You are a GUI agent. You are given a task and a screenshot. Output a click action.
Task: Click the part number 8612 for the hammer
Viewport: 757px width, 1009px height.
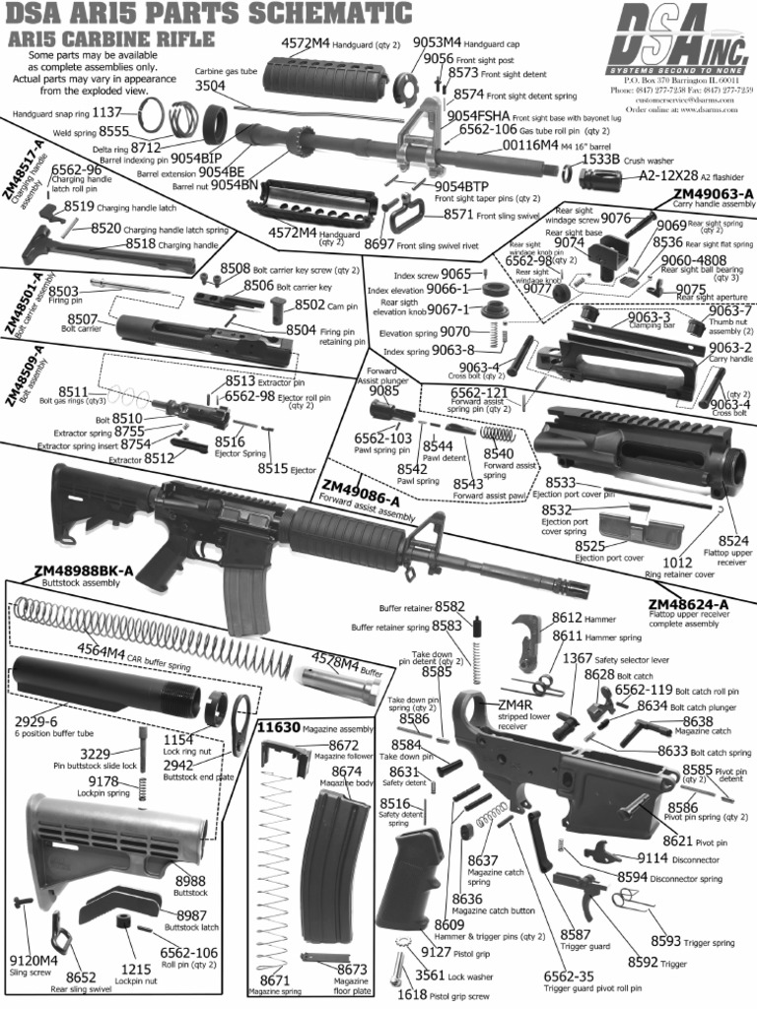pyautogui.click(x=569, y=617)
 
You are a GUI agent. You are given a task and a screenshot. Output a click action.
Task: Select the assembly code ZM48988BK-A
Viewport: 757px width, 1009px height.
pyautogui.click(x=84, y=572)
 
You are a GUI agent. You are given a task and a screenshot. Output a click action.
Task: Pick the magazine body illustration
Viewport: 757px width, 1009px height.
pyautogui.click(x=330, y=855)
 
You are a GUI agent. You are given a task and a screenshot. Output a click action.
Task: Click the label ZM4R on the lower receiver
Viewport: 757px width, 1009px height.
pyautogui.click(x=515, y=706)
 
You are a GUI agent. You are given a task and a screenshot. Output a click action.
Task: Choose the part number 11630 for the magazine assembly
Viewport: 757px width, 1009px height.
pyautogui.click(x=276, y=727)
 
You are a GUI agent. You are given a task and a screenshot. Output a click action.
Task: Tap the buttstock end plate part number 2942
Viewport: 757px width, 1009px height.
pyautogui.click(x=178, y=764)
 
